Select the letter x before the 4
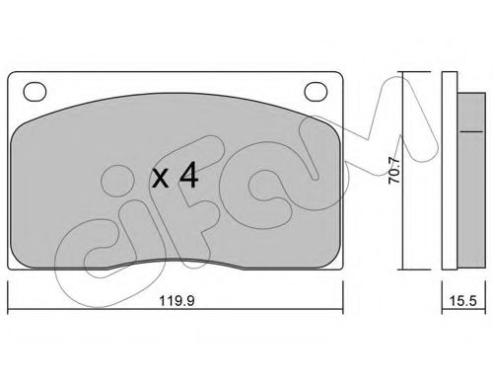[x=161, y=181]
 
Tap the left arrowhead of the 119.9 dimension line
[x=12, y=283]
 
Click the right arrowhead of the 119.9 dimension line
[x=341, y=283]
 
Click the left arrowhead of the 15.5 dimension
[x=444, y=283]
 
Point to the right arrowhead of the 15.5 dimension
[x=470, y=283]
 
